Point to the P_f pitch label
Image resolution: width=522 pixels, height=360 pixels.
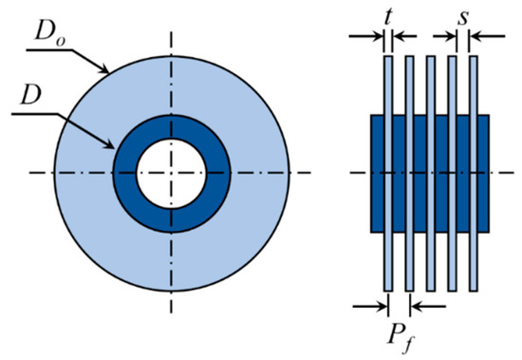pos(399,333)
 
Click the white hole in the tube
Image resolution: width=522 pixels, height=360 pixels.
pos(172,173)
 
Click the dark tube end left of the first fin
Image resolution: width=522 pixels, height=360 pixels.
pos(376,173)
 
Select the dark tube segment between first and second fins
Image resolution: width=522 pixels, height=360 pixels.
pos(399,173)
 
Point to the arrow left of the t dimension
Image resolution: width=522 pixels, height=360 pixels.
pos(370,38)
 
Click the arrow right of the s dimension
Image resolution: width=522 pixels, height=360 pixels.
pos(479,38)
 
